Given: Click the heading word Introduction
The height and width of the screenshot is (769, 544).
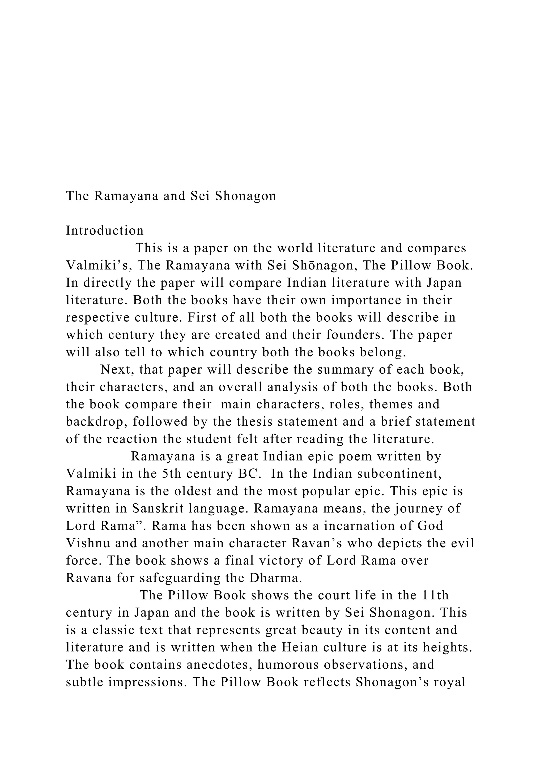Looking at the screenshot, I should point(104,231).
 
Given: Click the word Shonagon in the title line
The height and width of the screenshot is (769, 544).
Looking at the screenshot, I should point(245,196).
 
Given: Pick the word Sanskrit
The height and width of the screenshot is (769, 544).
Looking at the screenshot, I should point(158,509).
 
